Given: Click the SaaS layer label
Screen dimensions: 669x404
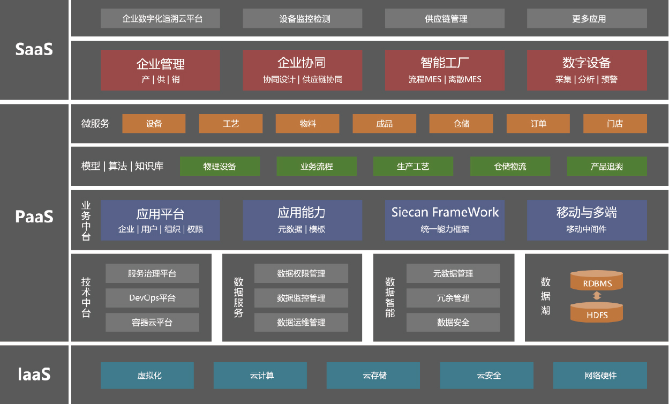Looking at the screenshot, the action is (34, 49).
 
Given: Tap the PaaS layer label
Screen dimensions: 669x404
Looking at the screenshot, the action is (34, 216).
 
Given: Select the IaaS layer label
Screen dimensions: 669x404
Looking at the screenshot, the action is (34, 374).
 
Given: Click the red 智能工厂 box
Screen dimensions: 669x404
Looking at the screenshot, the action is (445, 70).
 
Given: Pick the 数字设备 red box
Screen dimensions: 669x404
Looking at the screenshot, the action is (587, 70).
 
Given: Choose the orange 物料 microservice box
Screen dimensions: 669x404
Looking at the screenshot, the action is (307, 123).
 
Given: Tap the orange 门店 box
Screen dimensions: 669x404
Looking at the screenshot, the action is (615, 123).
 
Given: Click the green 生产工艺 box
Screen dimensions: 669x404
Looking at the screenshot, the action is (413, 166).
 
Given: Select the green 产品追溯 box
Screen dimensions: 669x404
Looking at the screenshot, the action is (607, 166).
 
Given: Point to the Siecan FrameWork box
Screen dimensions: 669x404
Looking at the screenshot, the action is (445, 220).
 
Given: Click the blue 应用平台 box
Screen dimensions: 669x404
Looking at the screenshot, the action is (160, 220).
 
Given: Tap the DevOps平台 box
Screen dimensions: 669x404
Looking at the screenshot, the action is (152, 298).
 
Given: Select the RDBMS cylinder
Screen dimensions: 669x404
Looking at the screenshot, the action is (597, 280).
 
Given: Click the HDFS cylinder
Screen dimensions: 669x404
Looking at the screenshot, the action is (597, 312).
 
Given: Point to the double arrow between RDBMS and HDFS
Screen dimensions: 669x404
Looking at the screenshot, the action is (597, 296).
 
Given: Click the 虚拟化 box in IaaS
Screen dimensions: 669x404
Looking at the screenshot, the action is (147, 375).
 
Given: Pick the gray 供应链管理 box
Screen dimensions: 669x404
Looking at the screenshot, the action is (445, 19).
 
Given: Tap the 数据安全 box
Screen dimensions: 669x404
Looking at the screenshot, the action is (453, 323).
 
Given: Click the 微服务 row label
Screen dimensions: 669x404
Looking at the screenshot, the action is (95, 123).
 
